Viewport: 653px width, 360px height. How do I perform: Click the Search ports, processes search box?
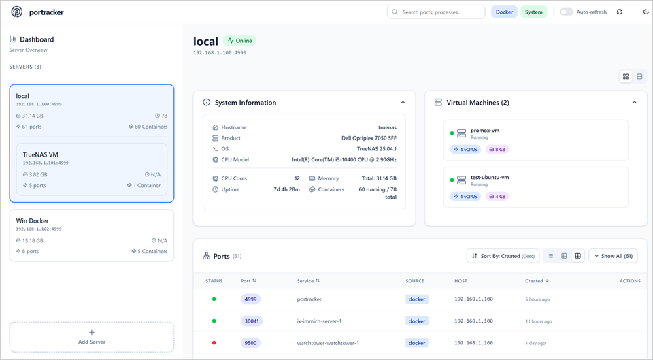pos(435,12)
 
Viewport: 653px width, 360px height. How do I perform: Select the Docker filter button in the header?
pos(504,12)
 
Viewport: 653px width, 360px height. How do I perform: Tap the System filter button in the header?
pos(534,12)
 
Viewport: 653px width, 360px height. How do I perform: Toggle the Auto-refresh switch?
pos(567,12)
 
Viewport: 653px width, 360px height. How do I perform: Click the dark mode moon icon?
pos(646,12)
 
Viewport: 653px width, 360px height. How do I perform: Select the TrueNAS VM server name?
pos(41,154)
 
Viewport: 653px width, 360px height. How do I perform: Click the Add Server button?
pos(92,337)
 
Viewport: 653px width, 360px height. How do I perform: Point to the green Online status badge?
pos(239,41)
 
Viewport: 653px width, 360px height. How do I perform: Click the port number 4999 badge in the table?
pos(250,299)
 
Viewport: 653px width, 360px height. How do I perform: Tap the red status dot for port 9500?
pos(214,342)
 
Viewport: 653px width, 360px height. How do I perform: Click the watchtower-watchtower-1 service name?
pos(328,342)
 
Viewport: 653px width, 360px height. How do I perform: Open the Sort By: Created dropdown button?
pos(503,256)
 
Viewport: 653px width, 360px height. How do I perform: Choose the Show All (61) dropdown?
pos(613,256)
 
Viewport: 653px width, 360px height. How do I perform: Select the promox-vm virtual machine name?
pos(485,131)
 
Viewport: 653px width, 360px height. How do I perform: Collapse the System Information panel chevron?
pos(403,103)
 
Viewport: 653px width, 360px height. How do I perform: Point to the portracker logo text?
pos(46,12)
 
